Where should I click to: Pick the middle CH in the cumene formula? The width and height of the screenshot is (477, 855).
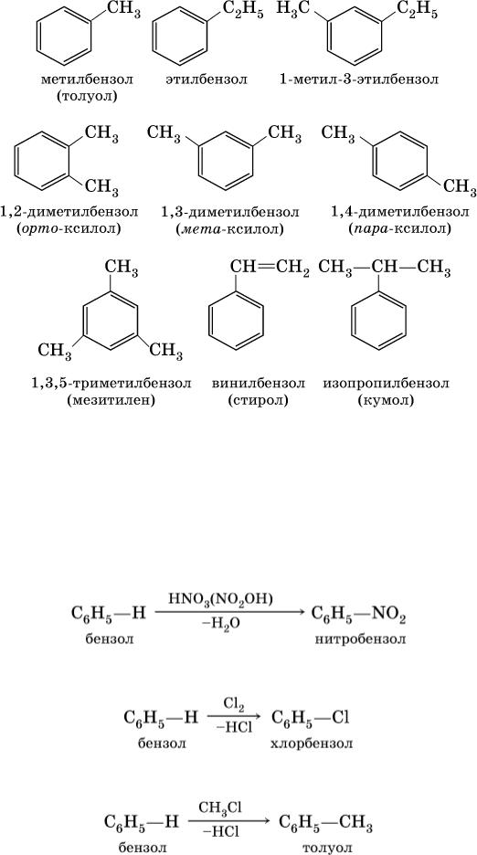coord(381,268)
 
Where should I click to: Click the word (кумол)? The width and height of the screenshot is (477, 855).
coord(387,401)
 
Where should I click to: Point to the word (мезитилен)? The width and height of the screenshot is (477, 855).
coord(111,401)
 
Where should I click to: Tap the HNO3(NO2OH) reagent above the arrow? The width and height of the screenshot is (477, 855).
coord(228,600)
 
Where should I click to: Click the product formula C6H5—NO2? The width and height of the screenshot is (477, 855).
coord(358,617)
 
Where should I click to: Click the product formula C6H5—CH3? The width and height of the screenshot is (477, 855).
coord(326,821)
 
